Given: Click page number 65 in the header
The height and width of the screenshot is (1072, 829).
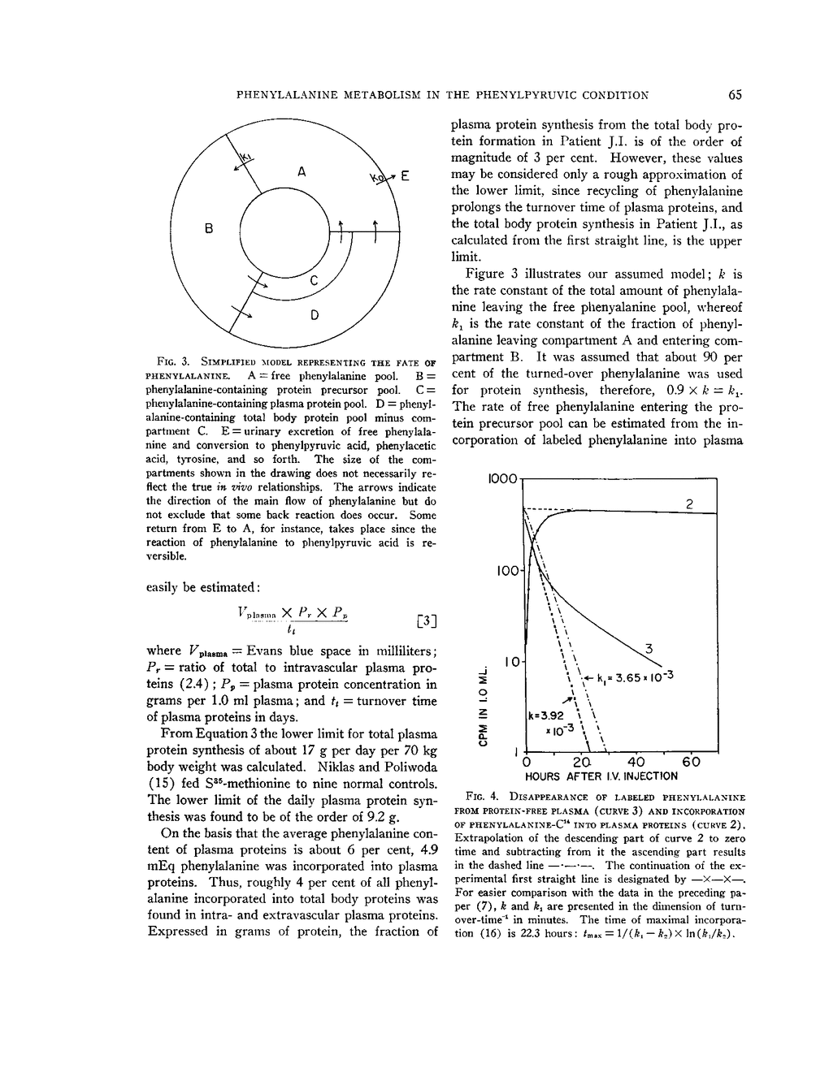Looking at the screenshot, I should (x=735, y=95).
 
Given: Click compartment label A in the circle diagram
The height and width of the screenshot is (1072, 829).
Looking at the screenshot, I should (x=302, y=171).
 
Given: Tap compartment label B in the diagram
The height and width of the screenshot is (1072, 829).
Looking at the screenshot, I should (x=209, y=230).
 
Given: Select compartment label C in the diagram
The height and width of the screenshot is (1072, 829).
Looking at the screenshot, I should (x=315, y=282).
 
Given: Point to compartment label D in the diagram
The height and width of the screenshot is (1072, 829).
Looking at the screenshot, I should (x=315, y=314).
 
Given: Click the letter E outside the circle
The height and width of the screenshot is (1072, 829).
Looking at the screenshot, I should (x=405, y=176).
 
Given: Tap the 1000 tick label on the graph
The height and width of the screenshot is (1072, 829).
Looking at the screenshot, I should (x=502, y=479).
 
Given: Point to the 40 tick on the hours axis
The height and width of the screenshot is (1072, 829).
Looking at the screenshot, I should (x=636, y=763).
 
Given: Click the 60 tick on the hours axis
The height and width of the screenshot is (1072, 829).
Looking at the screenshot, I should (x=691, y=763).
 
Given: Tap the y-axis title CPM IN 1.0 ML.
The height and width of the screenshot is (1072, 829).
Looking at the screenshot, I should (x=484, y=695).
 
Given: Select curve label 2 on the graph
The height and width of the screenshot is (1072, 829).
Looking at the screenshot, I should (x=689, y=504).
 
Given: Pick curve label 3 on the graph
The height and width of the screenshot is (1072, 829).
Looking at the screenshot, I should (x=649, y=648).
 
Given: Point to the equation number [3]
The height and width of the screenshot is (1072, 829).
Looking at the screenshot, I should (x=426, y=622).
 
